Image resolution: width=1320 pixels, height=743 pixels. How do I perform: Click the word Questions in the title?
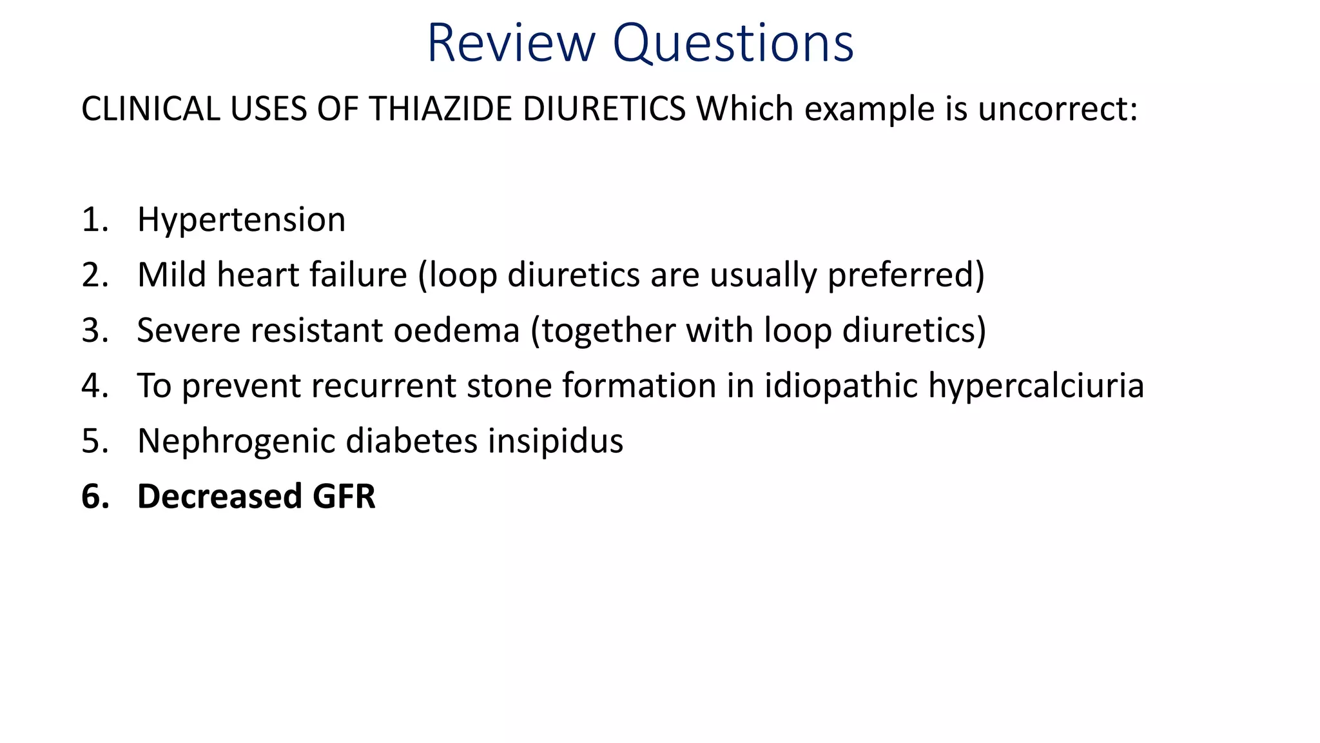coord(733,44)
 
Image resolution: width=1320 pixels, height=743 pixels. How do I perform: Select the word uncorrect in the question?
coord(1057,108)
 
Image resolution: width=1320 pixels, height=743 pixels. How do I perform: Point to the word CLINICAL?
coord(151,108)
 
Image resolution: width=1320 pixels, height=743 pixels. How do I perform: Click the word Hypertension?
coord(241,221)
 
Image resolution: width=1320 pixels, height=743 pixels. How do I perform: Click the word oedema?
coord(456,330)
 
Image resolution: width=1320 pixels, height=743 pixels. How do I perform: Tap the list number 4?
coord(94,386)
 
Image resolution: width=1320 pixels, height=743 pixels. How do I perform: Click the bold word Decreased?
coord(219,497)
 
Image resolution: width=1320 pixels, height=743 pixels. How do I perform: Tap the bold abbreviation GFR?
coord(344,497)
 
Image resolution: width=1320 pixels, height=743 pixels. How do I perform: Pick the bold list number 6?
coord(94,497)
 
